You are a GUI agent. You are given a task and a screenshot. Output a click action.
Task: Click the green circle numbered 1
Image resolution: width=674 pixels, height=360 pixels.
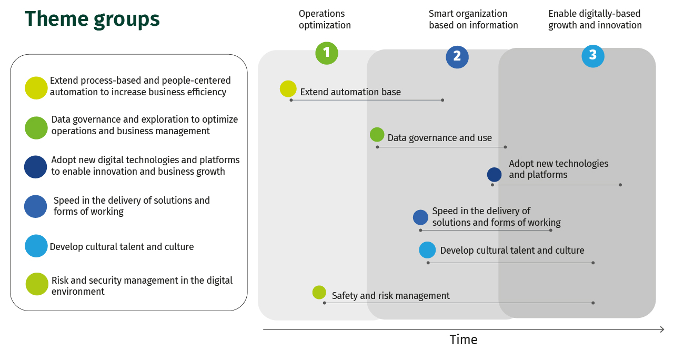(327, 53)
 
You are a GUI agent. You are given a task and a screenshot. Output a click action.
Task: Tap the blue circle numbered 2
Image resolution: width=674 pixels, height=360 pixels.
(457, 57)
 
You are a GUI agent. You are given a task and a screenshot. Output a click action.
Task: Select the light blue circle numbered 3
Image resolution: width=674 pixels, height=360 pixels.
(593, 56)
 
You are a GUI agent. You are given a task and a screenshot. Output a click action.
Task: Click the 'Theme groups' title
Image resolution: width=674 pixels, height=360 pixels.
(92, 19)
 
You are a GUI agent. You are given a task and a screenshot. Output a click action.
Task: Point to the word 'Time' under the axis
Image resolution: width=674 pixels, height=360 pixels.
(464, 340)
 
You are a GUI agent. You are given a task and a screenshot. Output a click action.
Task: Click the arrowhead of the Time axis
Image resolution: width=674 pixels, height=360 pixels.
(662, 329)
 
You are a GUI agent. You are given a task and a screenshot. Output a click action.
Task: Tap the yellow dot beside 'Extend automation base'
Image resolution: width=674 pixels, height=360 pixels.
(288, 88)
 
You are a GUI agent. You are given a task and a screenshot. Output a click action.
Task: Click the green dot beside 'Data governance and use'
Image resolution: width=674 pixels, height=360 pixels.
(377, 134)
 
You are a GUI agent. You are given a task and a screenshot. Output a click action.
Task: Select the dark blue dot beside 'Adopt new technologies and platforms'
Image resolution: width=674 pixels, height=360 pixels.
(495, 175)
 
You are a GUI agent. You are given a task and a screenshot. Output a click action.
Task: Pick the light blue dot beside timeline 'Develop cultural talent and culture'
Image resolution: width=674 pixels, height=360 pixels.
(427, 250)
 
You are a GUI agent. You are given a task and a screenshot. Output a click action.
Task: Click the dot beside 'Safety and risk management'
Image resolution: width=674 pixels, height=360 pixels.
(319, 292)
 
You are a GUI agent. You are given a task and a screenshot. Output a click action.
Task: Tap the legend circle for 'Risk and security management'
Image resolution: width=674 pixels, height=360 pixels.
(37, 284)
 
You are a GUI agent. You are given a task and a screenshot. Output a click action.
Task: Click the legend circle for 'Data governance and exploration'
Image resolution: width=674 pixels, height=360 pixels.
(36, 128)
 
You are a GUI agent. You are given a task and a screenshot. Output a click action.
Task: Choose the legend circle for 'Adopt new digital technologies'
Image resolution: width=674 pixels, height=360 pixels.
(35, 167)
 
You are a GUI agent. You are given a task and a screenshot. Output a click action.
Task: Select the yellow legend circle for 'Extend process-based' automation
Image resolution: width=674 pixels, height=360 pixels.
(36, 88)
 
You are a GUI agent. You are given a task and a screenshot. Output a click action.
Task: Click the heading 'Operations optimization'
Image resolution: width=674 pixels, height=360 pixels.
(325, 19)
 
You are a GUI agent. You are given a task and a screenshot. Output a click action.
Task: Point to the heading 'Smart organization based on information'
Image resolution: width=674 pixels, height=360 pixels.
(474, 19)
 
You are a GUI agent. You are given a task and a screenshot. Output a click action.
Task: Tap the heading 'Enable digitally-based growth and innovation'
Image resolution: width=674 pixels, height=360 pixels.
(595, 19)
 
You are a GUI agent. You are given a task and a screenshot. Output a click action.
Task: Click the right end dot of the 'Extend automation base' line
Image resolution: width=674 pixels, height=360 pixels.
(442, 100)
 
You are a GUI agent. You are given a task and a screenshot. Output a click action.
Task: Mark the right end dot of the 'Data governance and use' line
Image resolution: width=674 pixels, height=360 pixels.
(505, 147)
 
